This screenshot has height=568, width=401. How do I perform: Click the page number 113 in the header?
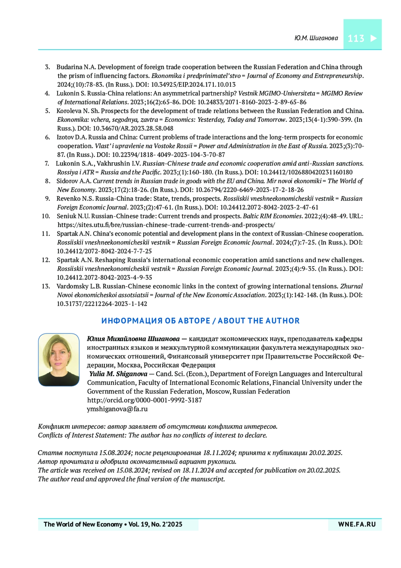(x=356, y=38)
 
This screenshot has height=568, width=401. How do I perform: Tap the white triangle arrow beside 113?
(x=374, y=38)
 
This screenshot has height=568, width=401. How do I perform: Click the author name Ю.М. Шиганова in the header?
(x=316, y=38)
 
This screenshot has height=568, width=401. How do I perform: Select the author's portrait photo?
(x=59, y=359)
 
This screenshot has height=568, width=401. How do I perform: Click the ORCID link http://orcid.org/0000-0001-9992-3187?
(x=144, y=400)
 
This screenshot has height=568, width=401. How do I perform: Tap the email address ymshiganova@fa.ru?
(x=117, y=409)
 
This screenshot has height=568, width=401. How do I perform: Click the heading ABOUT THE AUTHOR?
(x=259, y=321)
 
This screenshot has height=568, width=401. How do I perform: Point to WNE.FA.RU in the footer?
(x=357, y=524)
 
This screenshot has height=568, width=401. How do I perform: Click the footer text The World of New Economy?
(x=83, y=524)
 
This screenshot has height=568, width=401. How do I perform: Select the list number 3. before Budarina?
(x=47, y=67)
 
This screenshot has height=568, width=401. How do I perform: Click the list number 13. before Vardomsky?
(x=46, y=286)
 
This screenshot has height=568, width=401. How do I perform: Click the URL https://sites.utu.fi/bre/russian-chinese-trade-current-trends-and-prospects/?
(x=166, y=225)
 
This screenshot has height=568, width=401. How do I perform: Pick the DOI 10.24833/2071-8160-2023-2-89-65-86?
(x=252, y=102)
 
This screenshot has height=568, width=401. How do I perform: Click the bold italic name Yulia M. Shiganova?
(x=118, y=374)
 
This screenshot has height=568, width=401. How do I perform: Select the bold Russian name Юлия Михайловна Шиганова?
(x=133, y=339)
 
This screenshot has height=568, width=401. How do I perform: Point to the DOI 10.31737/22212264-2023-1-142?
(x=102, y=304)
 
